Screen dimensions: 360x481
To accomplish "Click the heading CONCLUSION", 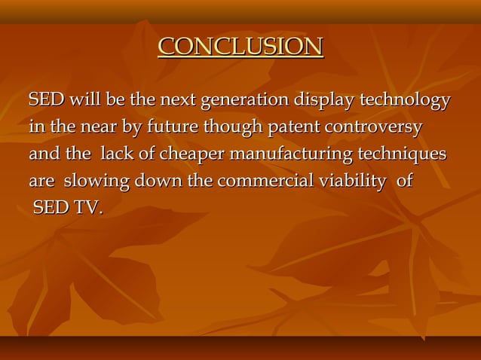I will coord(240,47).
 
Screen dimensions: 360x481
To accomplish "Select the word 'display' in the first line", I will coord(325,100).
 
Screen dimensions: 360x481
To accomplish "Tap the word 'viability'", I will coord(354,182).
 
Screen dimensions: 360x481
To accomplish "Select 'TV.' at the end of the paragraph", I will coord(87,208).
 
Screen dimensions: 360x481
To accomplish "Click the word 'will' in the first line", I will coord(87,100).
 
